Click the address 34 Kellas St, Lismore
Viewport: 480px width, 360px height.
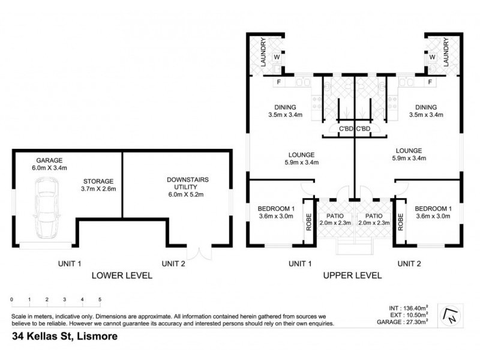click(65, 337)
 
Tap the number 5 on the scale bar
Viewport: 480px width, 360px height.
click(100, 299)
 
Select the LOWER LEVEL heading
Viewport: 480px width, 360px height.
click(121, 275)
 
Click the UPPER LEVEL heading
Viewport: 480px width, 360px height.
click(353, 275)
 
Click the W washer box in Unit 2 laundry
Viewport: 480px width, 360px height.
click(431, 58)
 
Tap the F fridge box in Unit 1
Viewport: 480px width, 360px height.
click(278, 82)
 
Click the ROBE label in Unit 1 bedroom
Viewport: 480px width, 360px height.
click(307, 223)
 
